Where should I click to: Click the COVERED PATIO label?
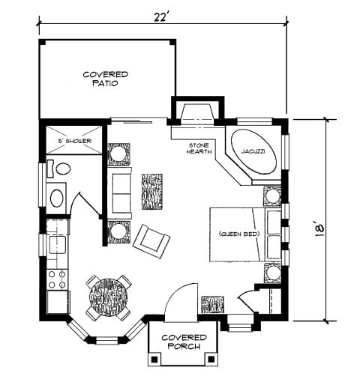pyautogui.click(x=106, y=79)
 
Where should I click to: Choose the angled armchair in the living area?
pyautogui.click(x=151, y=239)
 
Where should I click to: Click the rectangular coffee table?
pyautogui.click(x=152, y=192)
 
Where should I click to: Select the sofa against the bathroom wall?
pyautogui.click(x=121, y=192)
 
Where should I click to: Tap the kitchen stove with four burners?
pyautogui.click(x=55, y=279)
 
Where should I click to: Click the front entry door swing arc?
pyautogui.click(x=178, y=300)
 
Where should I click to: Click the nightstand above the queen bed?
pyautogui.click(x=271, y=195)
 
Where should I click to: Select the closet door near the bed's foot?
pyautogui.click(x=247, y=303)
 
